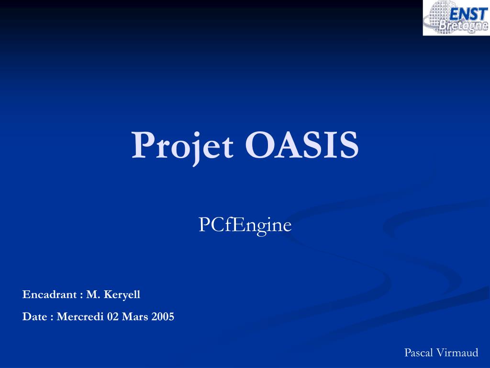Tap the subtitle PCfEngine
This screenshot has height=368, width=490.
click(245, 225)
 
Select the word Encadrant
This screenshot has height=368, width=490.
click(49, 295)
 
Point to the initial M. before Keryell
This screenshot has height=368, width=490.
click(92, 295)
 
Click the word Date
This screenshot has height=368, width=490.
click(35, 317)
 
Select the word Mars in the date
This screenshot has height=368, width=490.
click(135, 317)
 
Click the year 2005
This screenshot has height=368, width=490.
click(163, 317)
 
